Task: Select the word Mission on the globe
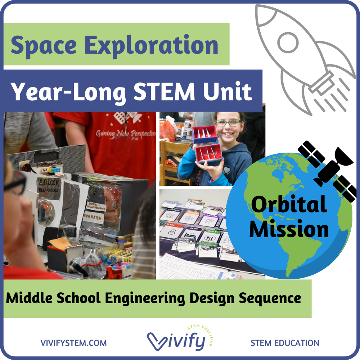(x=289, y=229)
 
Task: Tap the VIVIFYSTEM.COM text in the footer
(x=73, y=343)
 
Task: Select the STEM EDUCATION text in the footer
(x=285, y=343)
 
